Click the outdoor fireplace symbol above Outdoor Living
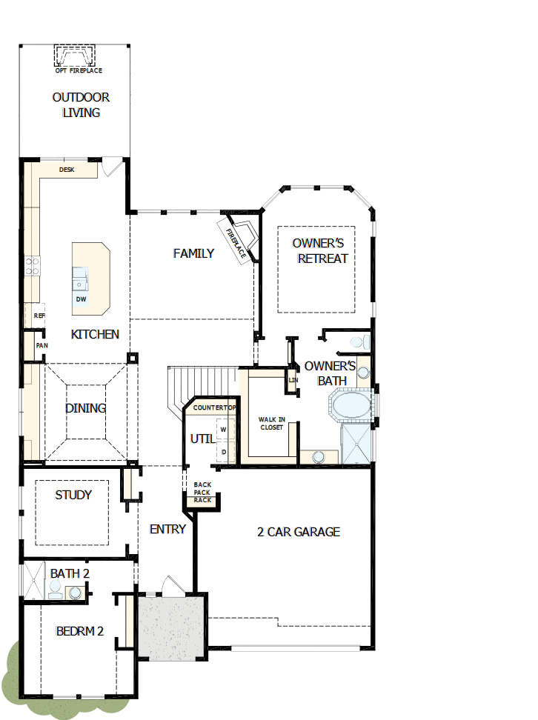(x=76, y=56)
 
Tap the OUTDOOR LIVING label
(x=81, y=105)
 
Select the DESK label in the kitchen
(x=67, y=170)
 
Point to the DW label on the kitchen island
(x=81, y=299)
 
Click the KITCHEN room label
(x=95, y=334)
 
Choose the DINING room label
(x=85, y=408)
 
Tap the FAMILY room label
(x=193, y=253)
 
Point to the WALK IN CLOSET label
(x=271, y=423)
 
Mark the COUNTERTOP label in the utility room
(x=213, y=408)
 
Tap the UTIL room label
(x=202, y=439)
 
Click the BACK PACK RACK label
(x=202, y=493)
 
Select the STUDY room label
(x=73, y=495)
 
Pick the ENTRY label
(x=167, y=529)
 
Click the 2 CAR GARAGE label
(x=299, y=531)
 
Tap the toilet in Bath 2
(x=55, y=589)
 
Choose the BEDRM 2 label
(x=79, y=631)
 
